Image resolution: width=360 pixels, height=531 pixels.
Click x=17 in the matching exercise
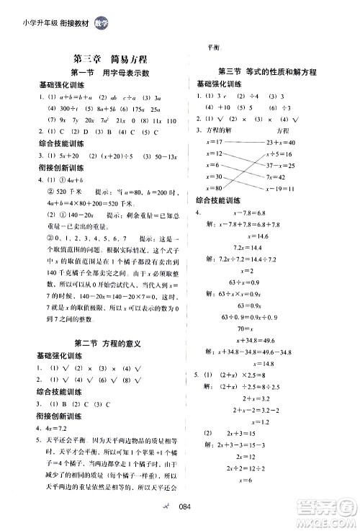coord(214,143)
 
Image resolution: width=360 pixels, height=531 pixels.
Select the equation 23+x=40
coord(290,143)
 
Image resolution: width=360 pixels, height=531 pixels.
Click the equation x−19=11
coord(290,189)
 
